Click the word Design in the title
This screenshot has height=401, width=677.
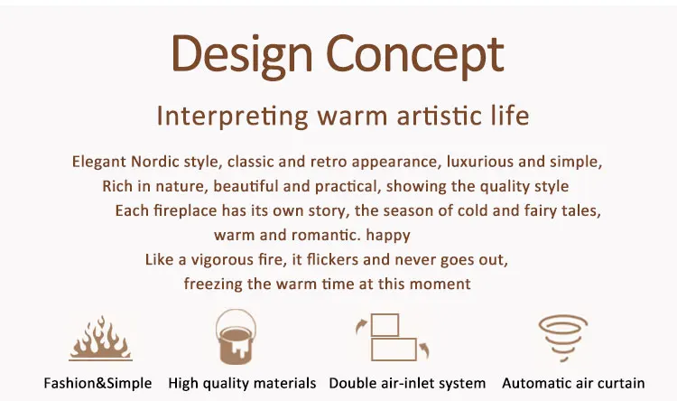pos(242,55)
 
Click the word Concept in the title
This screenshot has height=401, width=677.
pos(415,55)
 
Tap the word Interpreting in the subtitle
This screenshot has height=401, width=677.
pos(232,116)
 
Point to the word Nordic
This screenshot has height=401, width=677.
pos(155,162)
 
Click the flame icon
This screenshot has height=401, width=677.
pos(100,339)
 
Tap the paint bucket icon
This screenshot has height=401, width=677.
pos(236,337)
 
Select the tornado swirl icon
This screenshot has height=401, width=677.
pos(563,338)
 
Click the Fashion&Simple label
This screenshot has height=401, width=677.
pos(97,383)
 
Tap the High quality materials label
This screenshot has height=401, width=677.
pos(242,384)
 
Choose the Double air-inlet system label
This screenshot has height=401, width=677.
pos(407,384)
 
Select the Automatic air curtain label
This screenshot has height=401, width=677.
pos(573,383)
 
